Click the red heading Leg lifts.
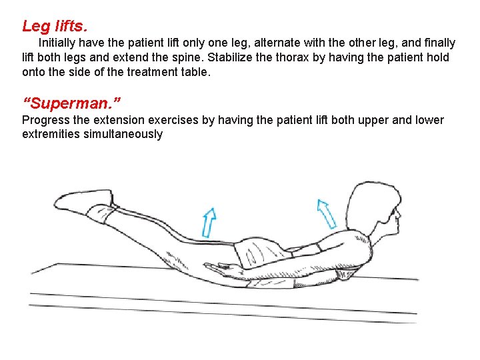click(x=55, y=27)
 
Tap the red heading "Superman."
click(x=71, y=104)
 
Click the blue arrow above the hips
click(x=209, y=222)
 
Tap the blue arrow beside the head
click(x=326, y=213)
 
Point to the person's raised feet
click(x=90, y=201)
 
